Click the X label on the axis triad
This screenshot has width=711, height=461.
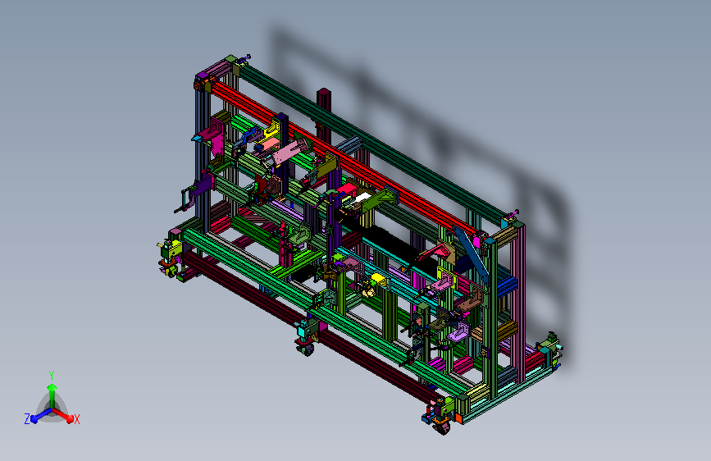76,419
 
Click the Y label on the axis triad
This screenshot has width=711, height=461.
52,375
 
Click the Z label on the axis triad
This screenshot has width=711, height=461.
27,419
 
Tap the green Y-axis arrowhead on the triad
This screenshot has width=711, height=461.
52,387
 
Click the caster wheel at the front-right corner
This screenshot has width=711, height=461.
443,428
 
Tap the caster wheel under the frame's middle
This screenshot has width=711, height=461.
306,349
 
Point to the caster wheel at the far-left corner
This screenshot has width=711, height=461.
172,272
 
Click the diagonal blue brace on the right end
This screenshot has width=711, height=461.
472,257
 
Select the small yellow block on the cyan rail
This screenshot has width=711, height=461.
379,278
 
